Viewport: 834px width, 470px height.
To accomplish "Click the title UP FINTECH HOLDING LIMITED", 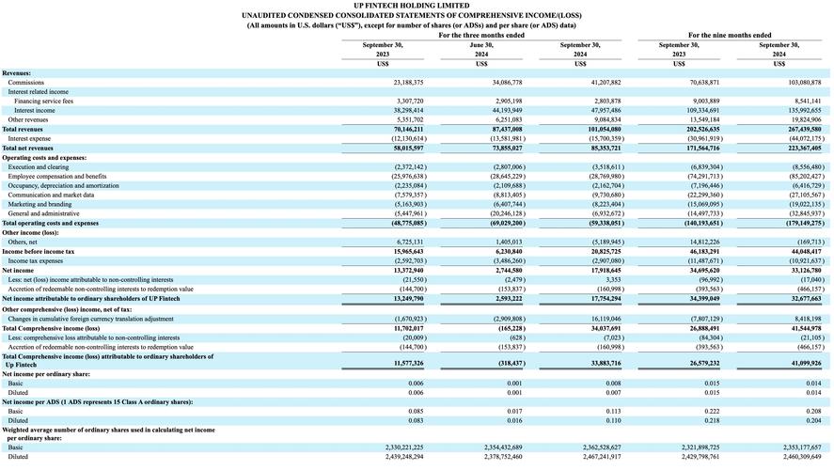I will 417,6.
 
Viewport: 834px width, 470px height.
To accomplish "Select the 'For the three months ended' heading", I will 480,35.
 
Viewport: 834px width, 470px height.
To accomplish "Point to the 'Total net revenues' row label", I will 27,148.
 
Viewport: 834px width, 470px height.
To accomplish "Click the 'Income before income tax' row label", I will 39,252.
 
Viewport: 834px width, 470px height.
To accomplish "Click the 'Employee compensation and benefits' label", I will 57,176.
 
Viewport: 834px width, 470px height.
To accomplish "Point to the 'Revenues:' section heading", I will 16,73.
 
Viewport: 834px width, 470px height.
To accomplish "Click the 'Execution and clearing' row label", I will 39,166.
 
